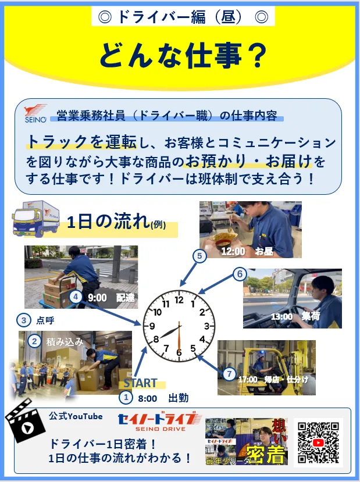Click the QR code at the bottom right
point(318,442)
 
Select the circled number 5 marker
point(199,256)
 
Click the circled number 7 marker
point(230,373)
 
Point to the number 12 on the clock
point(179,300)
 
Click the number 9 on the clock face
point(152,326)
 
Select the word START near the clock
point(140,383)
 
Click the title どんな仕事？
point(180,55)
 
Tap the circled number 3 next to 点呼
point(24,320)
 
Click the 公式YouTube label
point(76,416)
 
